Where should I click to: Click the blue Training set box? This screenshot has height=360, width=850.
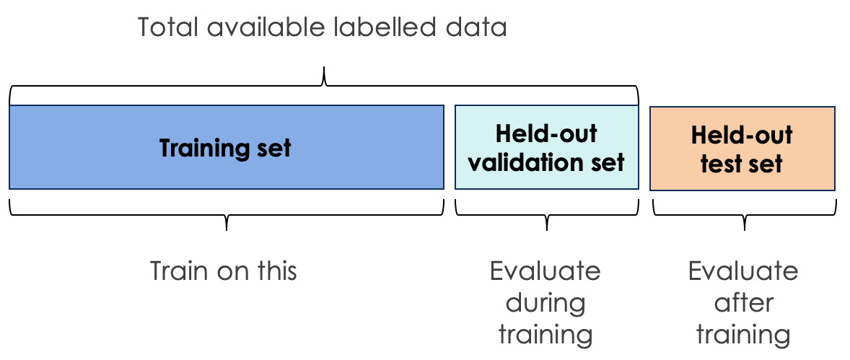[x=227, y=147]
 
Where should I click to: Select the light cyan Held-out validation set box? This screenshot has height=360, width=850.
[x=546, y=147]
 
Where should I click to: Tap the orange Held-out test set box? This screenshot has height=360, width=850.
[x=742, y=149]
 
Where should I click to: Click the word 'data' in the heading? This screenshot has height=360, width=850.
[x=476, y=27]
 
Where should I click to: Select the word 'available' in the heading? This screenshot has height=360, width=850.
[x=266, y=27]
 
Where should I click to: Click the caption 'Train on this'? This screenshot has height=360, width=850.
[x=224, y=271]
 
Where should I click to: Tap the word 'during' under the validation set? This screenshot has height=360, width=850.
[x=546, y=303]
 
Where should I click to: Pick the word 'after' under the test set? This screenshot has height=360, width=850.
[x=743, y=303]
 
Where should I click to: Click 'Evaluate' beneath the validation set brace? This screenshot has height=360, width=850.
[x=546, y=271]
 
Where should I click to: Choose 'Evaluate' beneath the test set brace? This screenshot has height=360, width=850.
[x=743, y=271]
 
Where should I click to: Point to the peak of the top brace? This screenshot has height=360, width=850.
[x=324, y=68]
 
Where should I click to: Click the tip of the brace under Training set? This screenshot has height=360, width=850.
[x=226, y=230]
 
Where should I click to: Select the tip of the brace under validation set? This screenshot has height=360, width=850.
[x=546, y=230]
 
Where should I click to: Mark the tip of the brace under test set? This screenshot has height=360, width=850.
[x=744, y=230]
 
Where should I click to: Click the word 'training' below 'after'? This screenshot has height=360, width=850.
[x=743, y=335]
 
